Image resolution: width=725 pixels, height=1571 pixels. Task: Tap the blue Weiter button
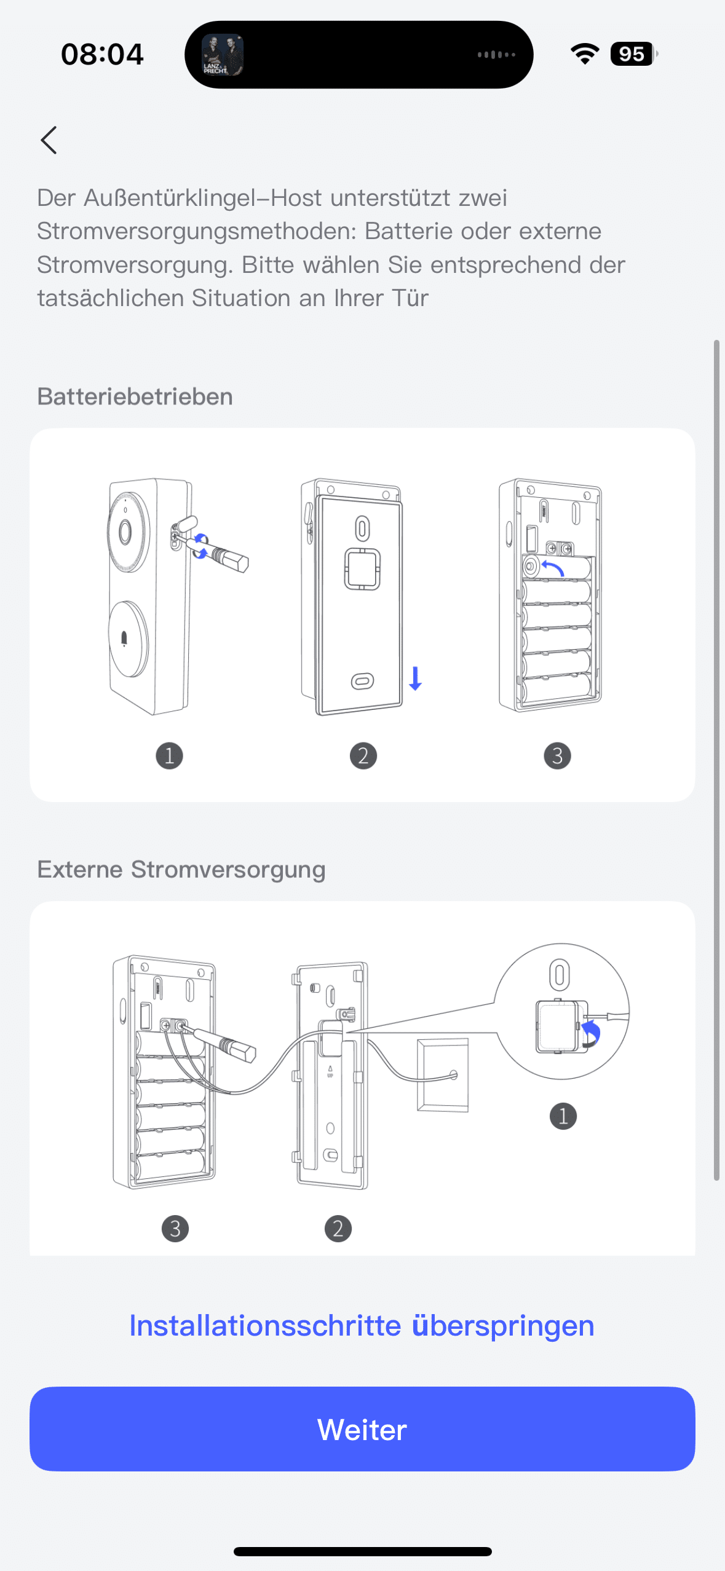362,1428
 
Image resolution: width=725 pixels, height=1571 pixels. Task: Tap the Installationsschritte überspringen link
362,1325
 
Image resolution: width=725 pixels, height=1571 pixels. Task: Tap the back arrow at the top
49,140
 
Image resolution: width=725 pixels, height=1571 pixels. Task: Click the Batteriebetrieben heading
135,396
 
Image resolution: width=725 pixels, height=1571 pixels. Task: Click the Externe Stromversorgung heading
181,869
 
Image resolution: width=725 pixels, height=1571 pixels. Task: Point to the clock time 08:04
102,54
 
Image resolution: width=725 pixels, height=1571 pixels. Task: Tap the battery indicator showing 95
633,54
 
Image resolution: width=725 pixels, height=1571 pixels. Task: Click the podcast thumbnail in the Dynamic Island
223,55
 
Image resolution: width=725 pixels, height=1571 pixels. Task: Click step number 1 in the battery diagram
169,755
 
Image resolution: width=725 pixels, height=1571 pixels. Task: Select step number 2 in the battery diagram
363,755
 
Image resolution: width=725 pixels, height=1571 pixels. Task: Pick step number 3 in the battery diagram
557,755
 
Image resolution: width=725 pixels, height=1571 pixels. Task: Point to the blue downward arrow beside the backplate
416,678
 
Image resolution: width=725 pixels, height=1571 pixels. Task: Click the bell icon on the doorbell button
124,639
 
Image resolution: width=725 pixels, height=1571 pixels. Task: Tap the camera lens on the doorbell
125,532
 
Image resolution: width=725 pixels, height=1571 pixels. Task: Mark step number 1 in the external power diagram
563,1116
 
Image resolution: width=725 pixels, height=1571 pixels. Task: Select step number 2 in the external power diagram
338,1229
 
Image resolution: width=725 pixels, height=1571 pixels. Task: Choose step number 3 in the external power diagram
175,1229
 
